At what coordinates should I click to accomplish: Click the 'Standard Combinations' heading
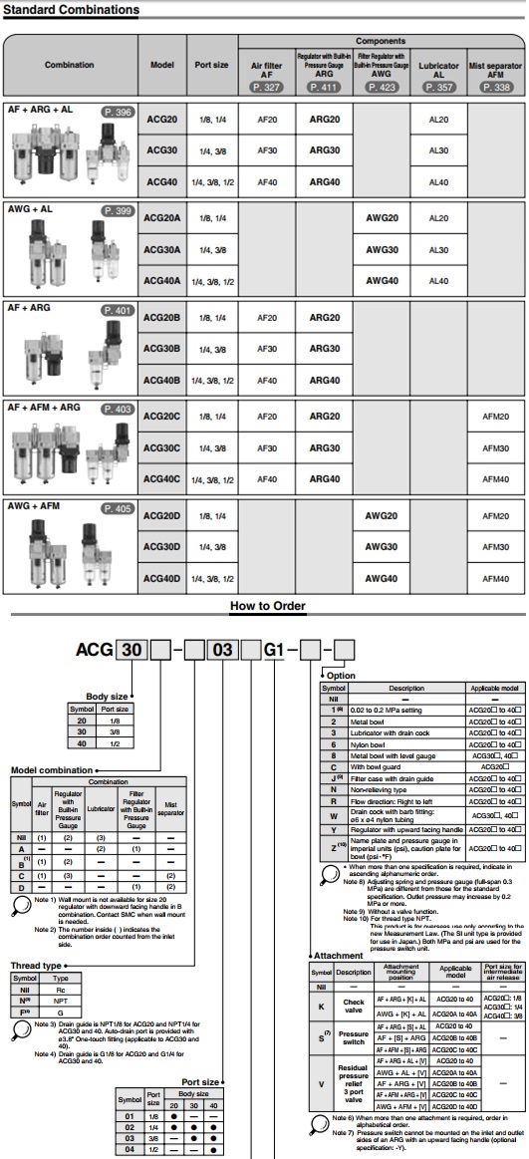pos(70,9)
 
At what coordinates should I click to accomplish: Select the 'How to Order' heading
pos(264,605)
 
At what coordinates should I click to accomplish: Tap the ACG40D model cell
pos(163,578)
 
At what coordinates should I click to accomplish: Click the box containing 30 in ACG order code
pos(132,651)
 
